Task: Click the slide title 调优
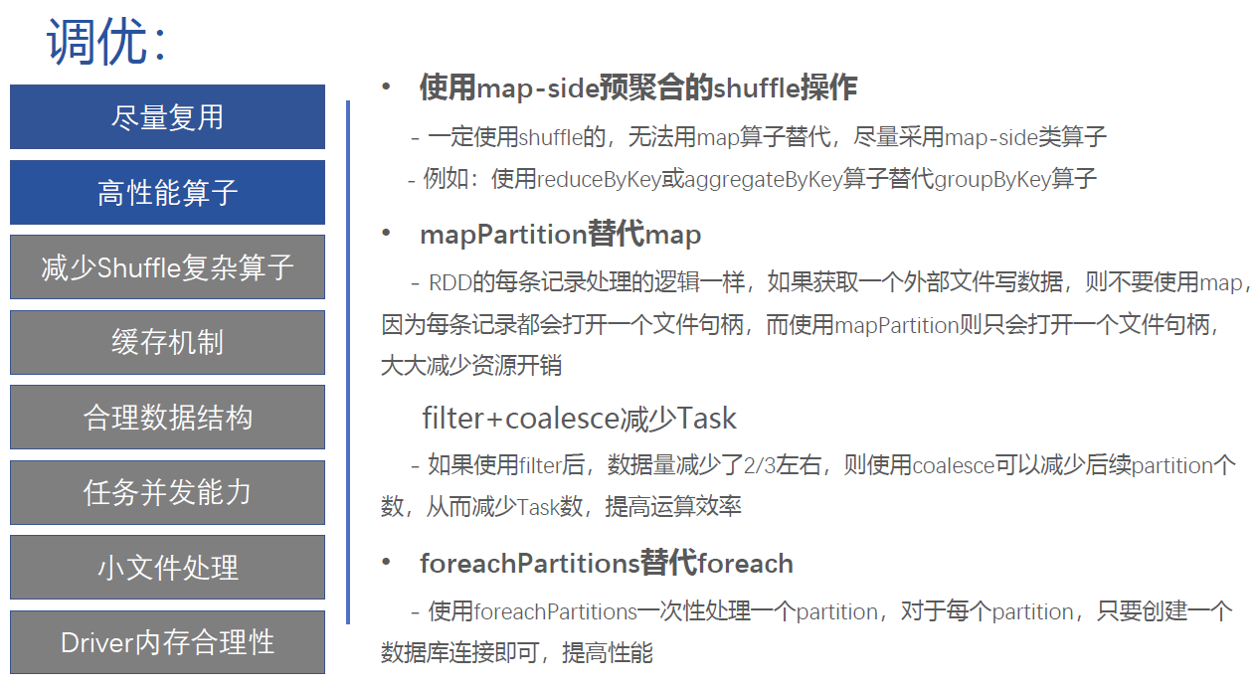click(97, 41)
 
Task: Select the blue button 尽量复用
click(168, 116)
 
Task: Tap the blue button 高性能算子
click(168, 192)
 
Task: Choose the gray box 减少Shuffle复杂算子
click(168, 266)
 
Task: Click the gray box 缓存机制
click(168, 342)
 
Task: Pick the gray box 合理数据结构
click(168, 418)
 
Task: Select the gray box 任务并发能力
click(168, 492)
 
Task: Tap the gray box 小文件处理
click(168, 567)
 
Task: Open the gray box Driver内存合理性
click(168, 642)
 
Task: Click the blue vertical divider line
click(348, 362)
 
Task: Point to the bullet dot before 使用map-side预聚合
click(386, 86)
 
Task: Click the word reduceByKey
click(599, 179)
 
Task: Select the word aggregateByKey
click(763, 179)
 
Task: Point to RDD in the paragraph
click(450, 282)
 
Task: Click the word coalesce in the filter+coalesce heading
click(561, 419)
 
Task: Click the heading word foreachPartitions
click(530, 563)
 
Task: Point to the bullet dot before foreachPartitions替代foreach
click(386, 563)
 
